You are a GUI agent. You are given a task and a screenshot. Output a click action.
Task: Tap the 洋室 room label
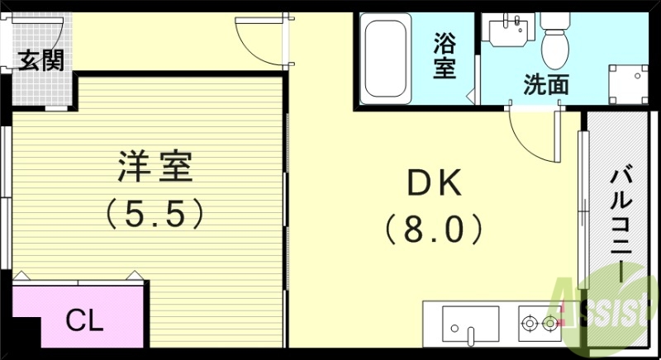click(x=155, y=167)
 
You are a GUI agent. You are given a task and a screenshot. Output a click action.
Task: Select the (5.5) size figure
click(x=155, y=215)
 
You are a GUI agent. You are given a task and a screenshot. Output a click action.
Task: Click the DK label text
click(x=434, y=182)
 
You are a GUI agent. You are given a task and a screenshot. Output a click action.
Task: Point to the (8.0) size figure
click(x=434, y=229)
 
